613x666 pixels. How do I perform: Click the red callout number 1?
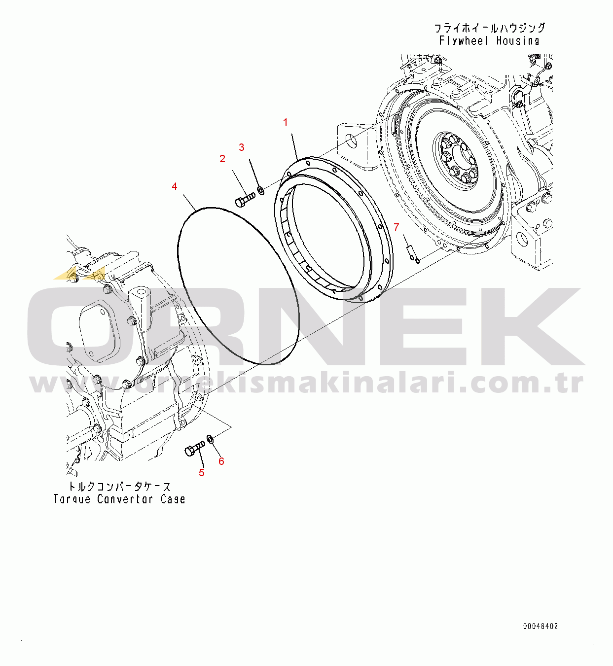click(285, 123)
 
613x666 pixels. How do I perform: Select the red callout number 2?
click(222, 159)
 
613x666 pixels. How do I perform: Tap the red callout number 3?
click(242, 147)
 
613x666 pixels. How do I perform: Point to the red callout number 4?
click(175, 186)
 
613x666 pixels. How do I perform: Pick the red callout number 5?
click(202, 473)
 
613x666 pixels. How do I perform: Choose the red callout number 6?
click(221, 461)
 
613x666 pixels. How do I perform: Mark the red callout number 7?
click(396, 227)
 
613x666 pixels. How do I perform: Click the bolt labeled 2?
click(245, 199)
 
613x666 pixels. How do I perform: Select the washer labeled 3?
click(261, 191)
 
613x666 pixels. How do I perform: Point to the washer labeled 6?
click(210, 439)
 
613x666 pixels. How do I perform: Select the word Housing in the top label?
click(518, 41)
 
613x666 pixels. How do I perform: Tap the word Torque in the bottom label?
click(72, 499)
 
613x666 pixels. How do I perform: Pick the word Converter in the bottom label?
click(125, 499)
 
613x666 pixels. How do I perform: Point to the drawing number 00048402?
click(541, 626)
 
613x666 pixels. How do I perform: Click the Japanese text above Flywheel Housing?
click(490, 28)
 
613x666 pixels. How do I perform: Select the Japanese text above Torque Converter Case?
click(119, 487)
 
